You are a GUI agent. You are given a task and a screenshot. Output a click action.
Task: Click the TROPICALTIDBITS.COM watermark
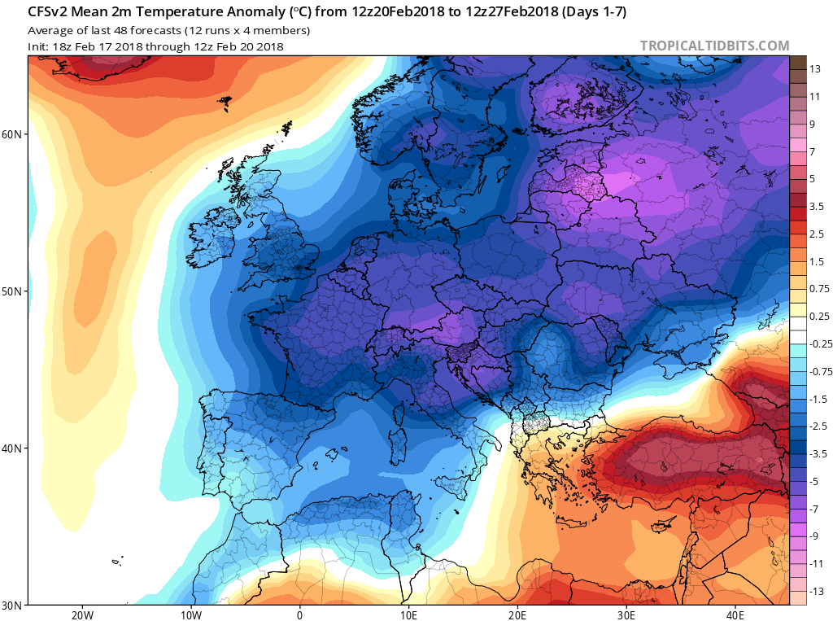pyautogui.click(x=714, y=46)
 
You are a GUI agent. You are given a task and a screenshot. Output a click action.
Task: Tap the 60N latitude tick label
pyautogui.click(x=14, y=133)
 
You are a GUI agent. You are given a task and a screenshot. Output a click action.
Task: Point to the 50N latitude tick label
pyautogui.click(x=14, y=291)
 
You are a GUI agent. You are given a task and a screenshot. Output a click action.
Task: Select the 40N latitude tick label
pyautogui.click(x=14, y=448)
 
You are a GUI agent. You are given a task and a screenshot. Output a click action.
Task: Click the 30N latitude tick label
pyautogui.click(x=14, y=605)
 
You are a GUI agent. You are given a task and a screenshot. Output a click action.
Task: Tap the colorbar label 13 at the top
pyautogui.click(x=814, y=69)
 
